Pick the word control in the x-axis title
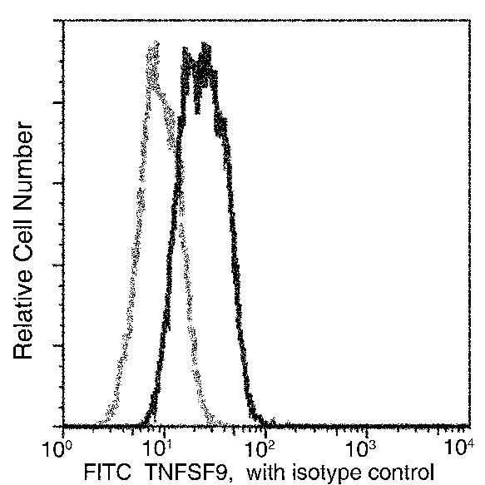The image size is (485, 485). pyautogui.click(x=399, y=471)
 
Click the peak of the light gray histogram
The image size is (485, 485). pyautogui.click(x=152, y=47)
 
